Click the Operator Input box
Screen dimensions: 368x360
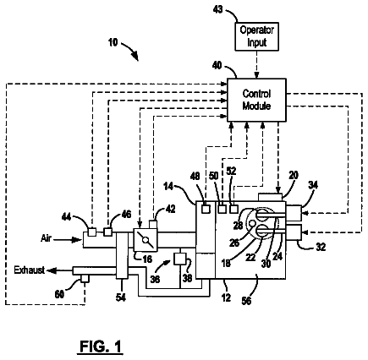(x=257, y=36)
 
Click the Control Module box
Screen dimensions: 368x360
(x=256, y=100)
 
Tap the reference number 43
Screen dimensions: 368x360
(x=217, y=9)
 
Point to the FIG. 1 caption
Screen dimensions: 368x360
(x=100, y=346)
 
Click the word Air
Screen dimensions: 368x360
(x=46, y=238)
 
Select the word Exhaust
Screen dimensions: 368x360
(x=30, y=270)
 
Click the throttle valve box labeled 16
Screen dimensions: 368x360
(x=146, y=240)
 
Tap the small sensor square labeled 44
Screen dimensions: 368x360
(x=91, y=232)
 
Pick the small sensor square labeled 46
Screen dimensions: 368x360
(x=107, y=232)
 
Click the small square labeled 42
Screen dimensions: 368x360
(x=153, y=225)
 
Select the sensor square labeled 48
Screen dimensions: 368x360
(x=206, y=209)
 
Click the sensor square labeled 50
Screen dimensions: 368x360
(x=222, y=209)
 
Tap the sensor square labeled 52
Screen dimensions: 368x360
(x=234, y=209)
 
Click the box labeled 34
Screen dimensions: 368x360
(x=294, y=213)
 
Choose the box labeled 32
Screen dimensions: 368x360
(x=294, y=232)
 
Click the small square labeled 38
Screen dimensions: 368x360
(x=179, y=259)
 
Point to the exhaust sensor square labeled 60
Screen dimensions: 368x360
(x=85, y=279)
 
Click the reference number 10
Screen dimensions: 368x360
(x=113, y=42)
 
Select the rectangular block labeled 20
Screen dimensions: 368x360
(x=271, y=197)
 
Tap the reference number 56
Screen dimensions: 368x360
(x=246, y=302)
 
